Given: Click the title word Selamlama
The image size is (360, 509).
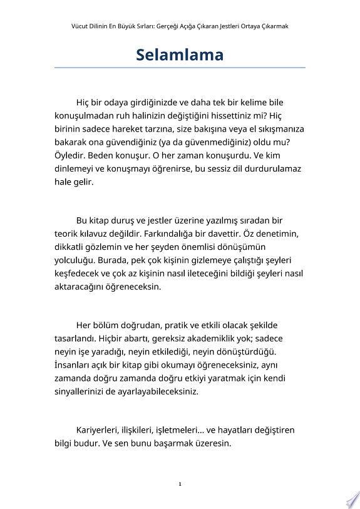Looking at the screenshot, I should [x=180, y=55].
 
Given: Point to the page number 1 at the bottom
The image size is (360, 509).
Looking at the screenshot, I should [x=180, y=483].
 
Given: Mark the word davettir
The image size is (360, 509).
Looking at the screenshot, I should [x=249, y=234].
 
